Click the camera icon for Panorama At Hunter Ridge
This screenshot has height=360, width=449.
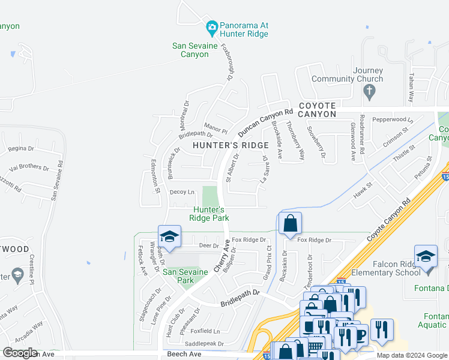pyautogui.click(x=211, y=27)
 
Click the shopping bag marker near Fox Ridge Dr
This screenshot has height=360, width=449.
pyautogui.click(x=289, y=223)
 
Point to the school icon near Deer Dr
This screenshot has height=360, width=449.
pyautogui.click(x=169, y=236)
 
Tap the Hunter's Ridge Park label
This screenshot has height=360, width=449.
pyautogui.click(x=209, y=214)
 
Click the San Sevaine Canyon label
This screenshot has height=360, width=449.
pyautogui.click(x=190, y=49)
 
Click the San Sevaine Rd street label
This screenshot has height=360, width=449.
pyautogui.click(x=56, y=179)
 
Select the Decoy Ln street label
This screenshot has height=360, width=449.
pyautogui.click(x=182, y=192)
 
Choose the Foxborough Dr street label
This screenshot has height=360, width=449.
pyautogui.click(x=227, y=62)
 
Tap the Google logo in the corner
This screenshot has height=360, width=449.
pyautogui.click(x=20, y=352)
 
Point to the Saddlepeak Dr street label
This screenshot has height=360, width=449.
pyautogui.click(x=204, y=344)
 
